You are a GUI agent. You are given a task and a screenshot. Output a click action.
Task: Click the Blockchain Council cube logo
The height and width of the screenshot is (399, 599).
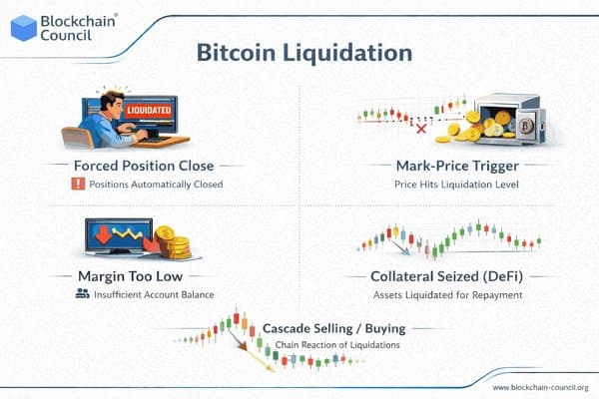coord(24,27)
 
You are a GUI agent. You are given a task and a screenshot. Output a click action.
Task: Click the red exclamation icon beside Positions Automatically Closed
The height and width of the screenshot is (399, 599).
coord(76,184)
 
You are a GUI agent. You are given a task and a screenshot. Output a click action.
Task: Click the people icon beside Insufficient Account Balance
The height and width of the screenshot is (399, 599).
coord(81,294)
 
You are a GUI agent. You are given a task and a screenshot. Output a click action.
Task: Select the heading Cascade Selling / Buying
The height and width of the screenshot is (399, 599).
coord(330,328)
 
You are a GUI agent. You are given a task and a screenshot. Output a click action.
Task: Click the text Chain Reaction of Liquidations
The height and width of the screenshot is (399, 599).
coord(330,344)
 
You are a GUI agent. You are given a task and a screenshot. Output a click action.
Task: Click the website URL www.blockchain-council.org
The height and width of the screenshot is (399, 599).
coord(541,386)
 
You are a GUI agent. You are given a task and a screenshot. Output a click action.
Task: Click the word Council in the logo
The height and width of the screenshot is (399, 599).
coord(71,35)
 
